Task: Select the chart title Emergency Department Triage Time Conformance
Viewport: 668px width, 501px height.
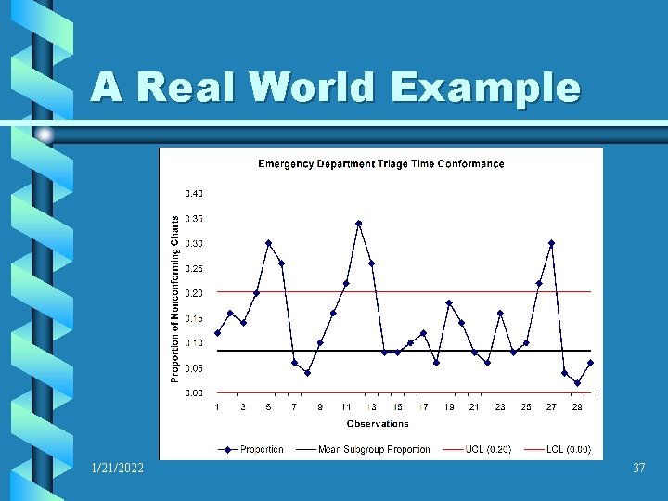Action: point(380,164)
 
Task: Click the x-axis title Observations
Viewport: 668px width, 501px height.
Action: point(378,424)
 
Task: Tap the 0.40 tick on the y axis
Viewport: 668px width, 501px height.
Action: point(194,194)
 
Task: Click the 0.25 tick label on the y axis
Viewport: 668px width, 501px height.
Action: point(194,269)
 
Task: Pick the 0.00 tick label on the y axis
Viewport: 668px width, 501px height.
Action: point(194,393)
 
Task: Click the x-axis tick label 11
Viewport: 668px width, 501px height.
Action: point(346,407)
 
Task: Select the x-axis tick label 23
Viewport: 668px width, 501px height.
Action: point(500,407)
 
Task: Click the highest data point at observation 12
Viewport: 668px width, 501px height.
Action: point(358,224)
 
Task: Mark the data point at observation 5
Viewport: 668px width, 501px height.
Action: point(268,243)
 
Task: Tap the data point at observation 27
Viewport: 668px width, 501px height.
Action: point(551,243)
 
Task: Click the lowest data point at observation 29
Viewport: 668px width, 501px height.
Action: point(577,383)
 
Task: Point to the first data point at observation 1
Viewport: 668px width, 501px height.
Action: point(217,333)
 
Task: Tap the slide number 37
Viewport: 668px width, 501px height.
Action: point(638,469)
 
